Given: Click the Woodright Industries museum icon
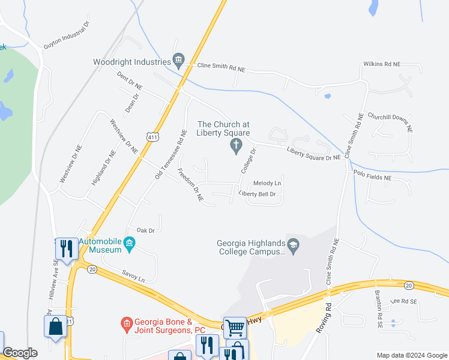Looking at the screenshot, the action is pos(178,59).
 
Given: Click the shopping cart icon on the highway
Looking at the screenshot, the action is pos(235,328).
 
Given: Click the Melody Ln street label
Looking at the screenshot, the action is pos(267,183).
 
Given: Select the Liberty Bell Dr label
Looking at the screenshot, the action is pos(257,194).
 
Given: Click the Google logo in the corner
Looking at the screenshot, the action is pos(20,353).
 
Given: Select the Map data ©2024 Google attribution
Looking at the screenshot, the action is pos(412,355).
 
